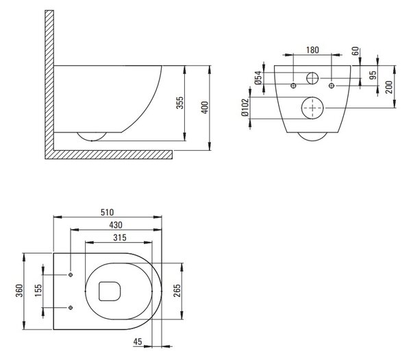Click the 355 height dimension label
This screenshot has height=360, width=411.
(x=179, y=103)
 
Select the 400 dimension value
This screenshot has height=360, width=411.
(x=205, y=108)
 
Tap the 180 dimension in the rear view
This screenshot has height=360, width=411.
(x=313, y=50)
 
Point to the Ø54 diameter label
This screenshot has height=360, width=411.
(x=258, y=77)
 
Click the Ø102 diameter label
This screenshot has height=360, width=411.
(x=245, y=108)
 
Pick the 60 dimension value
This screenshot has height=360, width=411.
(x=355, y=51)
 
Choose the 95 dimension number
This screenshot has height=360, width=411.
(x=373, y=75)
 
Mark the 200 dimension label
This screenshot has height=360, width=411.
(x=389, y=87)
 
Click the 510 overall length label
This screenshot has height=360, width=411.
(x=108, y=212)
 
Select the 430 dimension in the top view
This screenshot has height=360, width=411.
(x=116, y=225)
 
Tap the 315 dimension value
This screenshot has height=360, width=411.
(x=120, y=237)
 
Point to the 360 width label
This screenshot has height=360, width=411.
(x=19, y=291)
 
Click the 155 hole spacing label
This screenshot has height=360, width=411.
(x=38, y=291)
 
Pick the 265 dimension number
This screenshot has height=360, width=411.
(x=177, y=291)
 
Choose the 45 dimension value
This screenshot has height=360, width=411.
(x=138, y=341)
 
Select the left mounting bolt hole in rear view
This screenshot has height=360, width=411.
(x=294, y=86)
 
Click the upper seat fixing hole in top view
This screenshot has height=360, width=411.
(x=71, y=275)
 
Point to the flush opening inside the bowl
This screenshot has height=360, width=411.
(x=99, y=291)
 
